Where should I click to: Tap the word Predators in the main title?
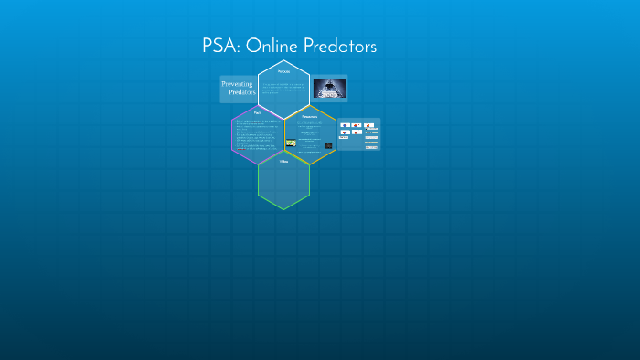click(x=339, y=47)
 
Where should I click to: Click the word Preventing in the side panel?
click(x=238, y=84)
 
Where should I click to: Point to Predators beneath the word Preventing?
click(x=242, y=93)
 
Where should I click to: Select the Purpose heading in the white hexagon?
click(x=283, y=71)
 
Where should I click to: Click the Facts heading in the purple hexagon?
click(x=258, y=113)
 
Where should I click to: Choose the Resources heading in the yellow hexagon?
click(x=309, y=116)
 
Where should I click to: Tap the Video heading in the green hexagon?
click(x=283, y=161)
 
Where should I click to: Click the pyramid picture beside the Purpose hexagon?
click(x=329, y=89)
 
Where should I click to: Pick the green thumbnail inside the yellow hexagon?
click(x=291, y=143)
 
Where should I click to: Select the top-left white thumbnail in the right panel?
click(x=346, y=125)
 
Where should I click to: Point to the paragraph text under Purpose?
click(x=283, y=88)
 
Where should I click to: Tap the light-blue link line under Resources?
click(x=309, y=122)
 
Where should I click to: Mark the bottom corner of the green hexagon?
click(x=283, y=209)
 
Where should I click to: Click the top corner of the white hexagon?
click(x=283, y=60)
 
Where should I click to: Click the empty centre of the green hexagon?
click(x=283, y=183)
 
